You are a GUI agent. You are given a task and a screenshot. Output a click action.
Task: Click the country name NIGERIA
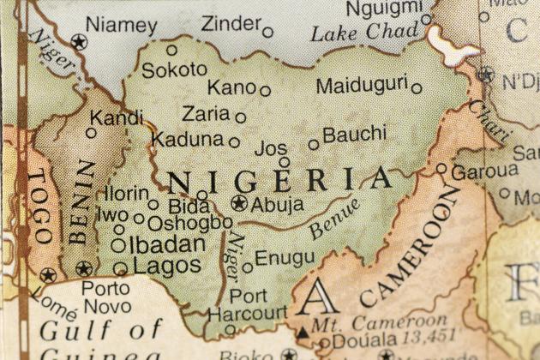point(279,180)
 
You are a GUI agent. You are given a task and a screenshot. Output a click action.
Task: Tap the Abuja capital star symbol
point(239,204)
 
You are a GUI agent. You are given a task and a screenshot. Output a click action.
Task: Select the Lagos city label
point(167,266)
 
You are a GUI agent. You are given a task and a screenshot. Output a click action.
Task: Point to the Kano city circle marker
point(266,90)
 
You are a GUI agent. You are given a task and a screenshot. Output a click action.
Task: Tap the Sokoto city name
point(174,70)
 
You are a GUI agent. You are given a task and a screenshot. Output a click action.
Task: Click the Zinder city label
point(230,25)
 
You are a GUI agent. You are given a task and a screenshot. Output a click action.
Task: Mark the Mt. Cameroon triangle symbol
point(303,330)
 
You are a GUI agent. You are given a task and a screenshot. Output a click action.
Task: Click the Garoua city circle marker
point(441,169)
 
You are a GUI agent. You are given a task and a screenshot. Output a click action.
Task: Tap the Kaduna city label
point(188,139)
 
